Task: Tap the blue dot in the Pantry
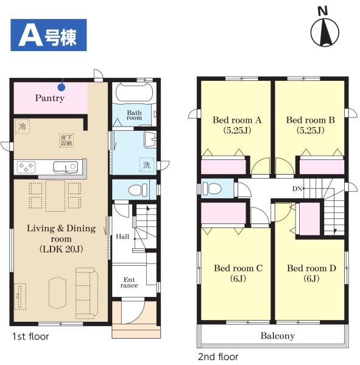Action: click(x=62, y=88)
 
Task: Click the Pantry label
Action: click(x=50, y=98)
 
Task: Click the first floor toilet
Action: click(x=138, y=190)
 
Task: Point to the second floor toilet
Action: click(x=212, y=188)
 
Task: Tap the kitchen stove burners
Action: click(x=26, y=167)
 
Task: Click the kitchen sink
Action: click(x=66, y=167)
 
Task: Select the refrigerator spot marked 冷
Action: click(x=23, y=127)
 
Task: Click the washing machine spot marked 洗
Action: click(x=147, y=165)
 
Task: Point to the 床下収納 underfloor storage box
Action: click(x=66, y=141)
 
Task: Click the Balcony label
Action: click(x=278, y=336)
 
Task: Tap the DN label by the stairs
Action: click(x=297, y=189)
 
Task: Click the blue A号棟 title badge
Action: click(x=49, y=35)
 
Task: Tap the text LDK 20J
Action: click(x=62, y=249)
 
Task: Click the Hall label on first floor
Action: click(x=122, y=237)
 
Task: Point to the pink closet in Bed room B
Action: click(x=322, y=167)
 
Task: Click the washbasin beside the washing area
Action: click(x=150, y=139)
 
